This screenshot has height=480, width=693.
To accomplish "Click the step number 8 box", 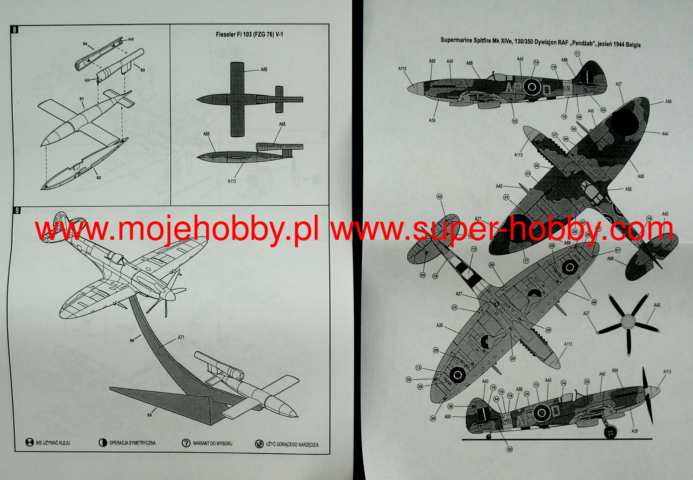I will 15,29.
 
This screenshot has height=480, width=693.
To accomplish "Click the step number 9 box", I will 17,210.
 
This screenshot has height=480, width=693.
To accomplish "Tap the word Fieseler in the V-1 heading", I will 226,34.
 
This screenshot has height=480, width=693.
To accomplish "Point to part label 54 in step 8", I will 85,44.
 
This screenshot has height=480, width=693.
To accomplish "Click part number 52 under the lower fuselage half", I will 99,177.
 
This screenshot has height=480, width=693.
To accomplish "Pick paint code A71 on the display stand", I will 181,337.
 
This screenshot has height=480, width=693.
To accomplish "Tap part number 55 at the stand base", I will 149,415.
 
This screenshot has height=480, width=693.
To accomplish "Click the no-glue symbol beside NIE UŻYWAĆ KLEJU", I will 30,443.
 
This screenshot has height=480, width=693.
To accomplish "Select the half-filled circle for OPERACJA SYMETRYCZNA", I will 103,443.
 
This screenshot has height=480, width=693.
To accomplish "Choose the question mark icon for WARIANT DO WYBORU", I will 186,443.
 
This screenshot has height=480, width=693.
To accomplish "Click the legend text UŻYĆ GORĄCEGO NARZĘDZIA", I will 292,444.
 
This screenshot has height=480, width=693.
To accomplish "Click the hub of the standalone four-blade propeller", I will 627,322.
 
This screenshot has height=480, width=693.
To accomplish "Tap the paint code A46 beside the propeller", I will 657,305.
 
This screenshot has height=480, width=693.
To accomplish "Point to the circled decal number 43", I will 440,196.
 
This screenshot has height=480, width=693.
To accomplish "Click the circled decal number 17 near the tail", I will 577,54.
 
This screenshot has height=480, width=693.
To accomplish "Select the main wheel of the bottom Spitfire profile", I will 610,432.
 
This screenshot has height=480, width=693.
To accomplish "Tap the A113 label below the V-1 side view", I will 232,181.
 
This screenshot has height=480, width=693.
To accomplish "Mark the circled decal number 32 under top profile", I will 515,121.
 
